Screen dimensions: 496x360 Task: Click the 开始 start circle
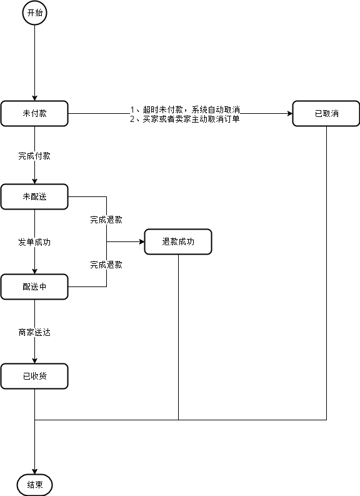(x=34, y=13)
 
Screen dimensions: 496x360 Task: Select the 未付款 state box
(x=34, y=114)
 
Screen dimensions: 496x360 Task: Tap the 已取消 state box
(x=326, y=114)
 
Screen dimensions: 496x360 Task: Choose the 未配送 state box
(x=34, y=196)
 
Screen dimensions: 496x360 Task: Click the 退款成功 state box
(x=178, y=241)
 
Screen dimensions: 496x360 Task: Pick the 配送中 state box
(x=34, y=286)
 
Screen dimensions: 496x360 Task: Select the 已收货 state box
(x=34, y=377)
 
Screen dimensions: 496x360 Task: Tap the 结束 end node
(x=34, y=485)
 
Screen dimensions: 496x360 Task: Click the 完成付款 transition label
(x=34, y=156)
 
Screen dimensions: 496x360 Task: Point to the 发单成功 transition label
(x=34, y=242)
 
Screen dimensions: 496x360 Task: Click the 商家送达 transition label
(x=34, y=332)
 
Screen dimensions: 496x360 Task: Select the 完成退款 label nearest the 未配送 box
(x=106, y=220)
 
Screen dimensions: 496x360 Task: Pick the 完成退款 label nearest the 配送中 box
(x=106, y=265)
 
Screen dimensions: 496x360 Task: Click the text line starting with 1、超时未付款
(x=184, y=109)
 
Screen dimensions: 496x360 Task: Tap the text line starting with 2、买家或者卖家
(x=184, y=119)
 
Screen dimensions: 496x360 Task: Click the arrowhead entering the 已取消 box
(x=289, y=114)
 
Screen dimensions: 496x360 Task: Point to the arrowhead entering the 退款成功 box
(x=141, y=241)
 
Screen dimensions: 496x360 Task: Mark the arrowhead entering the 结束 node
(x=34, y=472)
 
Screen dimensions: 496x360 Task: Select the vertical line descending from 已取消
(x=326, y=269)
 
